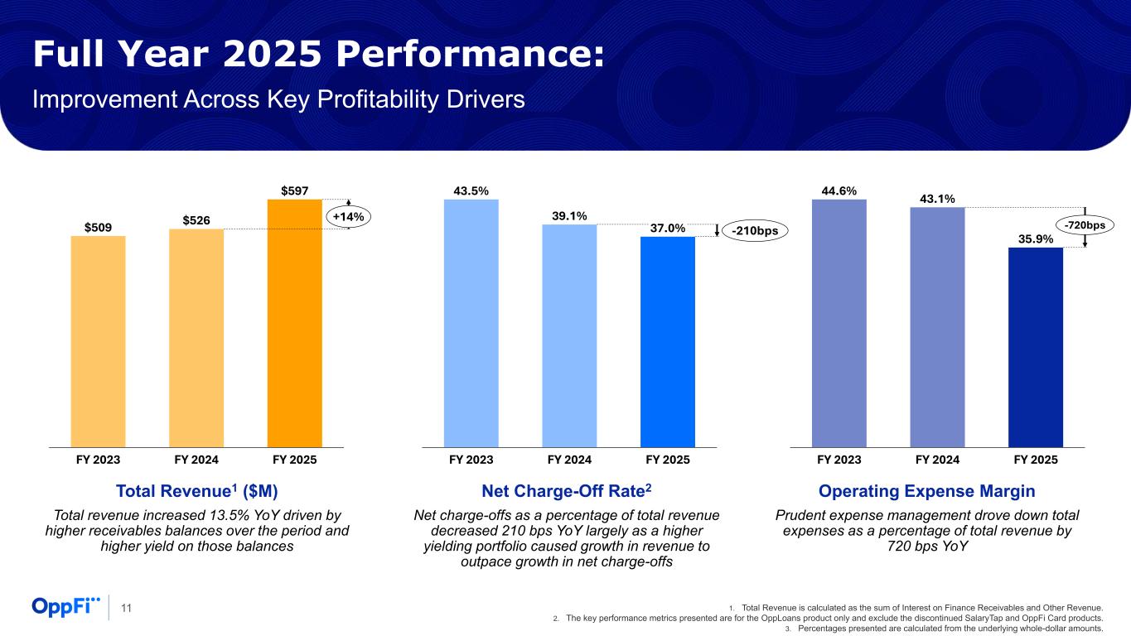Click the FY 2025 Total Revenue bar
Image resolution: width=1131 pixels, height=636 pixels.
tap(294, 323)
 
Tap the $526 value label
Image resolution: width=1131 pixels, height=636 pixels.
tap(196, 219)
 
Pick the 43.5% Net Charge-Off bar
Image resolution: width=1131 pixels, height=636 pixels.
tap(471, 323)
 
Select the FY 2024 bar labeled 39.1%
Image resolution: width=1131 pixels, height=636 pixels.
tap(569, 335)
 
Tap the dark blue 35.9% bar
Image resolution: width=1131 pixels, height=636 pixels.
tap(1035, 347)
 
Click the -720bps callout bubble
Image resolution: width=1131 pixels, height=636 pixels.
tap(1085, 224)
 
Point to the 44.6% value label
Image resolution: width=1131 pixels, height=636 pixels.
tap(839, 190)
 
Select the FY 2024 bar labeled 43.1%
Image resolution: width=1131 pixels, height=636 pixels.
tap(937, 327)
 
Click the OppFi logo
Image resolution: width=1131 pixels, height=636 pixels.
tap(65, 607)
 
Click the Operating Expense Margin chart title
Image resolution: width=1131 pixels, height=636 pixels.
tap(926, 491)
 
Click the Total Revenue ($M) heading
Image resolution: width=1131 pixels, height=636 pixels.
tap(196, 491)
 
